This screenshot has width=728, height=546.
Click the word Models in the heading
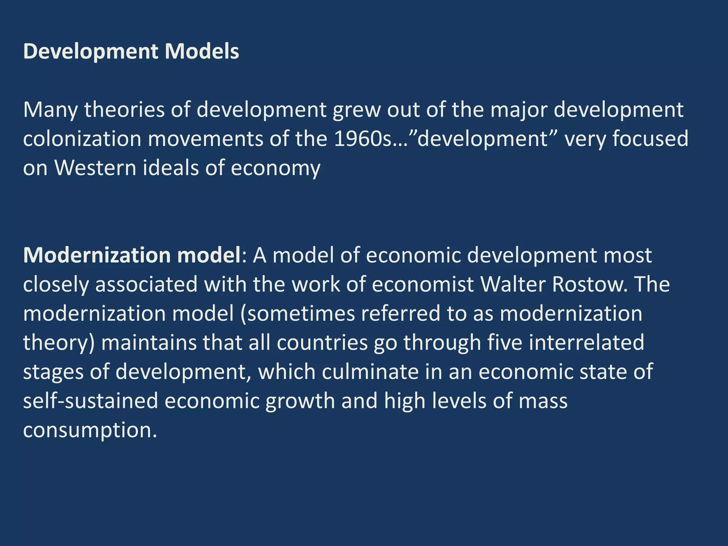click(202, 52)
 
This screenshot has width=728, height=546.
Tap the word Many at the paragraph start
click(50, 110)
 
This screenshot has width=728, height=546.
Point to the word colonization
click(82, 139)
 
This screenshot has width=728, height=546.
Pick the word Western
click(95, 168)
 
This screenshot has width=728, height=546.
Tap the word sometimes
click(301, 314)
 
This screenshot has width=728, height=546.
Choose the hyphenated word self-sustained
click(91, 401)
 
